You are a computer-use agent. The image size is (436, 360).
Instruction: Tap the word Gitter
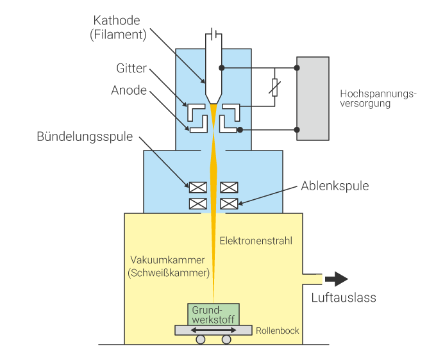132,69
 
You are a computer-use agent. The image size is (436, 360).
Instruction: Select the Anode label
129,90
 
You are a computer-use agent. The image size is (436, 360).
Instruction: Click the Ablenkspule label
335,186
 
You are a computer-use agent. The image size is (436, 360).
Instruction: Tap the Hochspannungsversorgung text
378,99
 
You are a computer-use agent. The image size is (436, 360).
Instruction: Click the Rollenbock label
277,331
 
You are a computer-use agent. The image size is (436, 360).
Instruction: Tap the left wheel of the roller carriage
201,340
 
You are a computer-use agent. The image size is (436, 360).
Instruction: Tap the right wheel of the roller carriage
226,340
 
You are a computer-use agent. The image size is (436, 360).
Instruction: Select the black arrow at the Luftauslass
337,279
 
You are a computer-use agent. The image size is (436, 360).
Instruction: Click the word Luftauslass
344,297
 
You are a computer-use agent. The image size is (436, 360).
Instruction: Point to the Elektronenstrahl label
256,241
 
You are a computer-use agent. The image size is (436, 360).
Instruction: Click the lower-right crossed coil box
229,204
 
